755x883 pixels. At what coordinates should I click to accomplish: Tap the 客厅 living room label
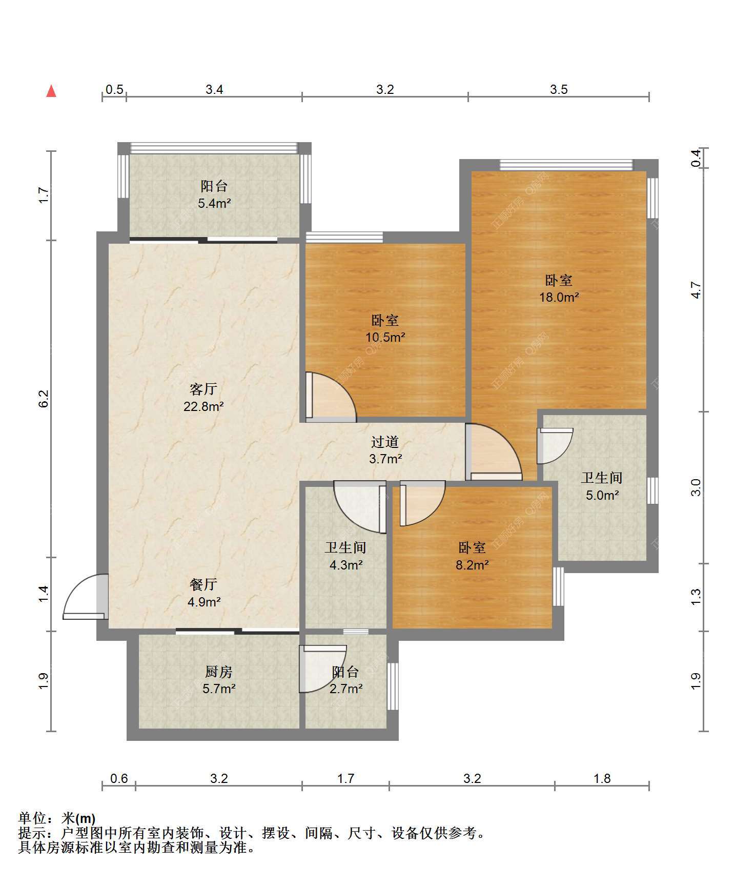point(203,389)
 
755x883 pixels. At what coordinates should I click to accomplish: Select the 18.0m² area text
point(559,297)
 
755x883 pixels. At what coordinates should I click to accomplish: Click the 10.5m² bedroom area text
point(385,337)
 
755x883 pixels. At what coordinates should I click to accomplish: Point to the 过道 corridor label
point(385,442)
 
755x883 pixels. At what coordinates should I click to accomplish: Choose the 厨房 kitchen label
point(219,672)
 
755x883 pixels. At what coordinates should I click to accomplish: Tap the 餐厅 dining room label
point(203,584)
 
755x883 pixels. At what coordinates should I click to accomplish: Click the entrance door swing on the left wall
point(86,597)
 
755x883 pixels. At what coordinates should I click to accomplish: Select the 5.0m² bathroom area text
point(602,495)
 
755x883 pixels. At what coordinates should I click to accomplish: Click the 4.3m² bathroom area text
point(346,565)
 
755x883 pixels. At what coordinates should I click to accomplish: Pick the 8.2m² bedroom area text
point(472,565)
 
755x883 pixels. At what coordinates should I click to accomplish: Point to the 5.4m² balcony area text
point(214,203)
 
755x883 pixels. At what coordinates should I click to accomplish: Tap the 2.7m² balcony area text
point(346,689)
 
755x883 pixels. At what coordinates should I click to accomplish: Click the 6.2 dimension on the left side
point(44,399)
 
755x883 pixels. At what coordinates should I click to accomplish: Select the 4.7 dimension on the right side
point(696,290)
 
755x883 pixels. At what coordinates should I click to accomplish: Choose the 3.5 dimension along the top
point(559,89)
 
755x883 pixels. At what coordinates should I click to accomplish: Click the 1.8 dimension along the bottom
point(602,778)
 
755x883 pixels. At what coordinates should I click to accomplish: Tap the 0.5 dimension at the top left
point(114,89)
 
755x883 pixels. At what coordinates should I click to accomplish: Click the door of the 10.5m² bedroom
point(331,397)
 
